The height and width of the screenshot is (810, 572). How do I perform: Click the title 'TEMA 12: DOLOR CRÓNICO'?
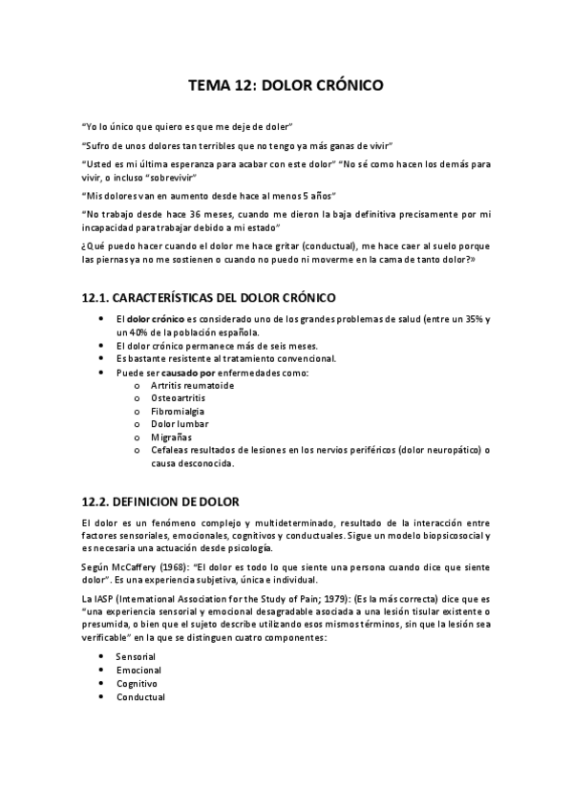point(286,85)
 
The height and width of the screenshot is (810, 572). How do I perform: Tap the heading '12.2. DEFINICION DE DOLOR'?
point(160,501)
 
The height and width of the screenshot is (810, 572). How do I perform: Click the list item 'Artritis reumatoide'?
point(191,384)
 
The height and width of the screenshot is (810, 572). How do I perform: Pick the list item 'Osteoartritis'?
point(179,397)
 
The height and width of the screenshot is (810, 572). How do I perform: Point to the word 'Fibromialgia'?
point(179,411)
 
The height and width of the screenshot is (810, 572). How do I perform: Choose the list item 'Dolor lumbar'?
point(180,424)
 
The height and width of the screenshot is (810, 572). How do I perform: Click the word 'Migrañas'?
point(171,437)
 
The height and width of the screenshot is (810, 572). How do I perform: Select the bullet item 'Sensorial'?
point(136,657)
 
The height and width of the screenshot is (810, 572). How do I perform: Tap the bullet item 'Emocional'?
point(138,671)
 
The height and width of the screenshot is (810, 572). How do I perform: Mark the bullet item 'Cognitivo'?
point(137,684)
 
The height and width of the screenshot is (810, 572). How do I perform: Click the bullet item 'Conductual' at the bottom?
point(140,697)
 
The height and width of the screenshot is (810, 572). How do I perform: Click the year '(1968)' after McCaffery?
point(169,566)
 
